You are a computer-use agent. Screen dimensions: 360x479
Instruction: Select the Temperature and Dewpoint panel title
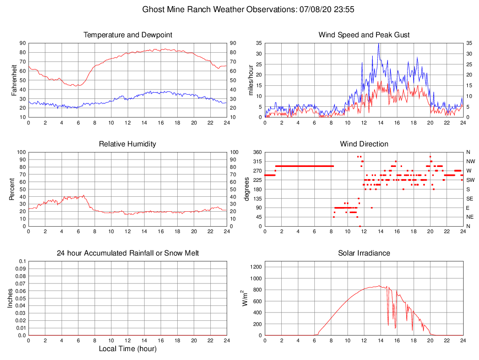pos(128,35)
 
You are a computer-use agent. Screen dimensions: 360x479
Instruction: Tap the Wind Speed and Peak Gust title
pos(364,35)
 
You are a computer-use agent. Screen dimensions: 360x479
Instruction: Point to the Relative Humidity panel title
pos(128,144)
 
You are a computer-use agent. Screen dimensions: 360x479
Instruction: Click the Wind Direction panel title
pos(364,144)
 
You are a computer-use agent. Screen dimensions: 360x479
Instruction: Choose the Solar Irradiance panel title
pos(364,253)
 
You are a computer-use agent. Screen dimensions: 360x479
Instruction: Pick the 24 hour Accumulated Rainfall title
pos(128,253)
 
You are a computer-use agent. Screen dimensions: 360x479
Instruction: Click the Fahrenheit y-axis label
pos(14,80)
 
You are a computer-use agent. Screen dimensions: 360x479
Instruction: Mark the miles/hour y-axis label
pos(250,80)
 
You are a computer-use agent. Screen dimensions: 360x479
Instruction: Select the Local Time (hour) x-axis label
pos(128,349)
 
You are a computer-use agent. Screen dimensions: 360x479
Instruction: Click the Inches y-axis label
pos(10,298)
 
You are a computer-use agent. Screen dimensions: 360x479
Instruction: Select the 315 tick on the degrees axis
pos(257,161)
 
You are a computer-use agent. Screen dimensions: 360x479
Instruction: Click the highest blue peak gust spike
pos(379,43)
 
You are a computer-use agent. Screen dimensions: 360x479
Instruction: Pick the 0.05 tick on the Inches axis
pos(20,298)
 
